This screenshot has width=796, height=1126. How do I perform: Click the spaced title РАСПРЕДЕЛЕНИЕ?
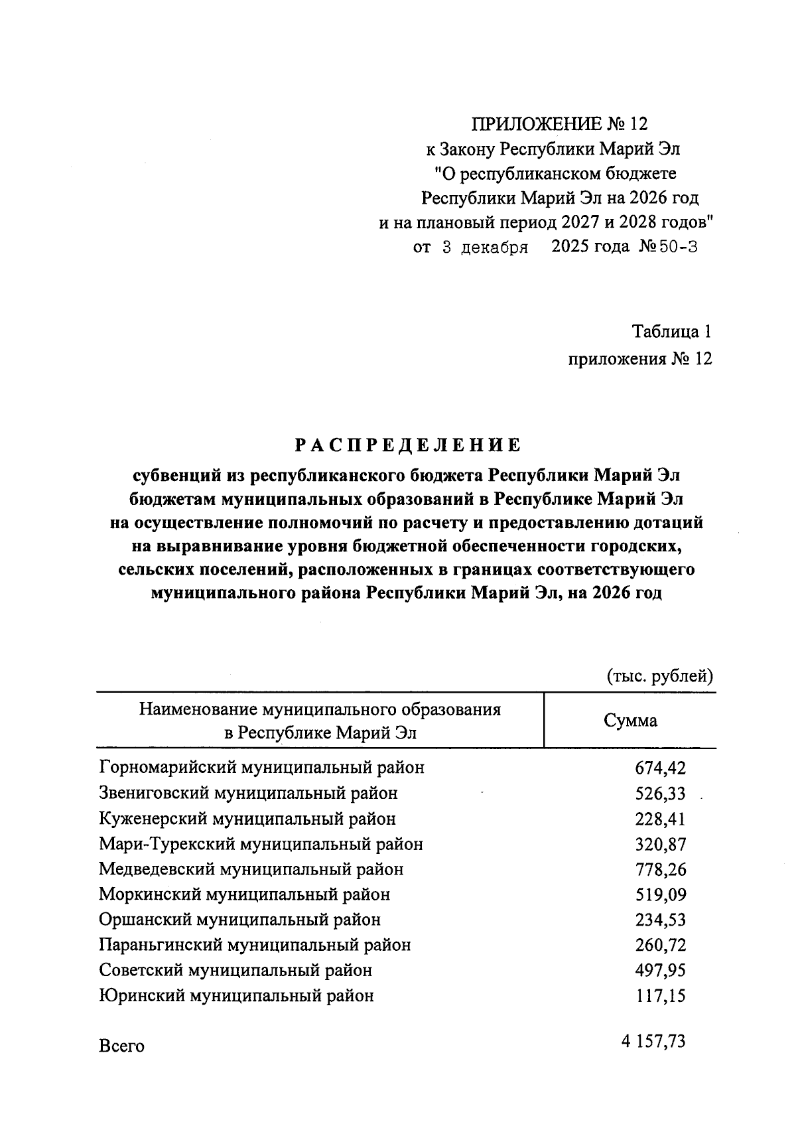(407, 444)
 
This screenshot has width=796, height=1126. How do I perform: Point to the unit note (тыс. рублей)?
(659, 676)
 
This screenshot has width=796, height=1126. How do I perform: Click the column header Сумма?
(630, 721)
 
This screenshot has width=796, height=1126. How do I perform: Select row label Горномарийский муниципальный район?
(261, 768)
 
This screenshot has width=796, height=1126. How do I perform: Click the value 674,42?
(660, 768)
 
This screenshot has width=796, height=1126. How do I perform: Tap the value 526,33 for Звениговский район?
(660, 794)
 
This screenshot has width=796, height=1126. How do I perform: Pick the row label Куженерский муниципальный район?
(247, 819)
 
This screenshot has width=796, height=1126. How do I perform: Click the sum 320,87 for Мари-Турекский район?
(660, 845)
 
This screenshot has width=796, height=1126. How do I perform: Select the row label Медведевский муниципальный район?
(251, 869)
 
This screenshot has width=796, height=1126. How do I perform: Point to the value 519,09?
(660, 895)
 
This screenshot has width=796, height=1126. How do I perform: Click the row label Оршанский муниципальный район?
(239, 920)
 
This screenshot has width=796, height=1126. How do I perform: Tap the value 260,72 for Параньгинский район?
(660, 946)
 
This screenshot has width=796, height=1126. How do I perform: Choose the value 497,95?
(660, 971)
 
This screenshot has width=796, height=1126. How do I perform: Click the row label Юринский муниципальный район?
(236, 996)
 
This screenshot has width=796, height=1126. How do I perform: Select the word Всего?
(121, 1046)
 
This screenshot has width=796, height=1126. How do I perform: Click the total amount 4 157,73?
(653, 1042)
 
